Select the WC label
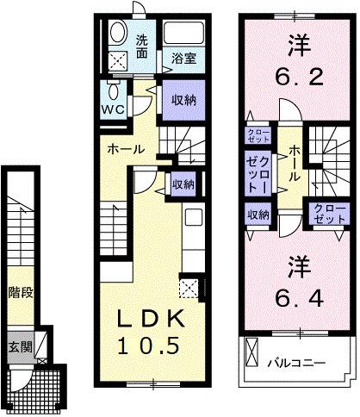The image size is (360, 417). (115, 109)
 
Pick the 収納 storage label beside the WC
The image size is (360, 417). (179, 100)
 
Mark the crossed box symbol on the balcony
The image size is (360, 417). (252, 352)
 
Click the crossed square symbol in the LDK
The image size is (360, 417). (189, 288)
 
